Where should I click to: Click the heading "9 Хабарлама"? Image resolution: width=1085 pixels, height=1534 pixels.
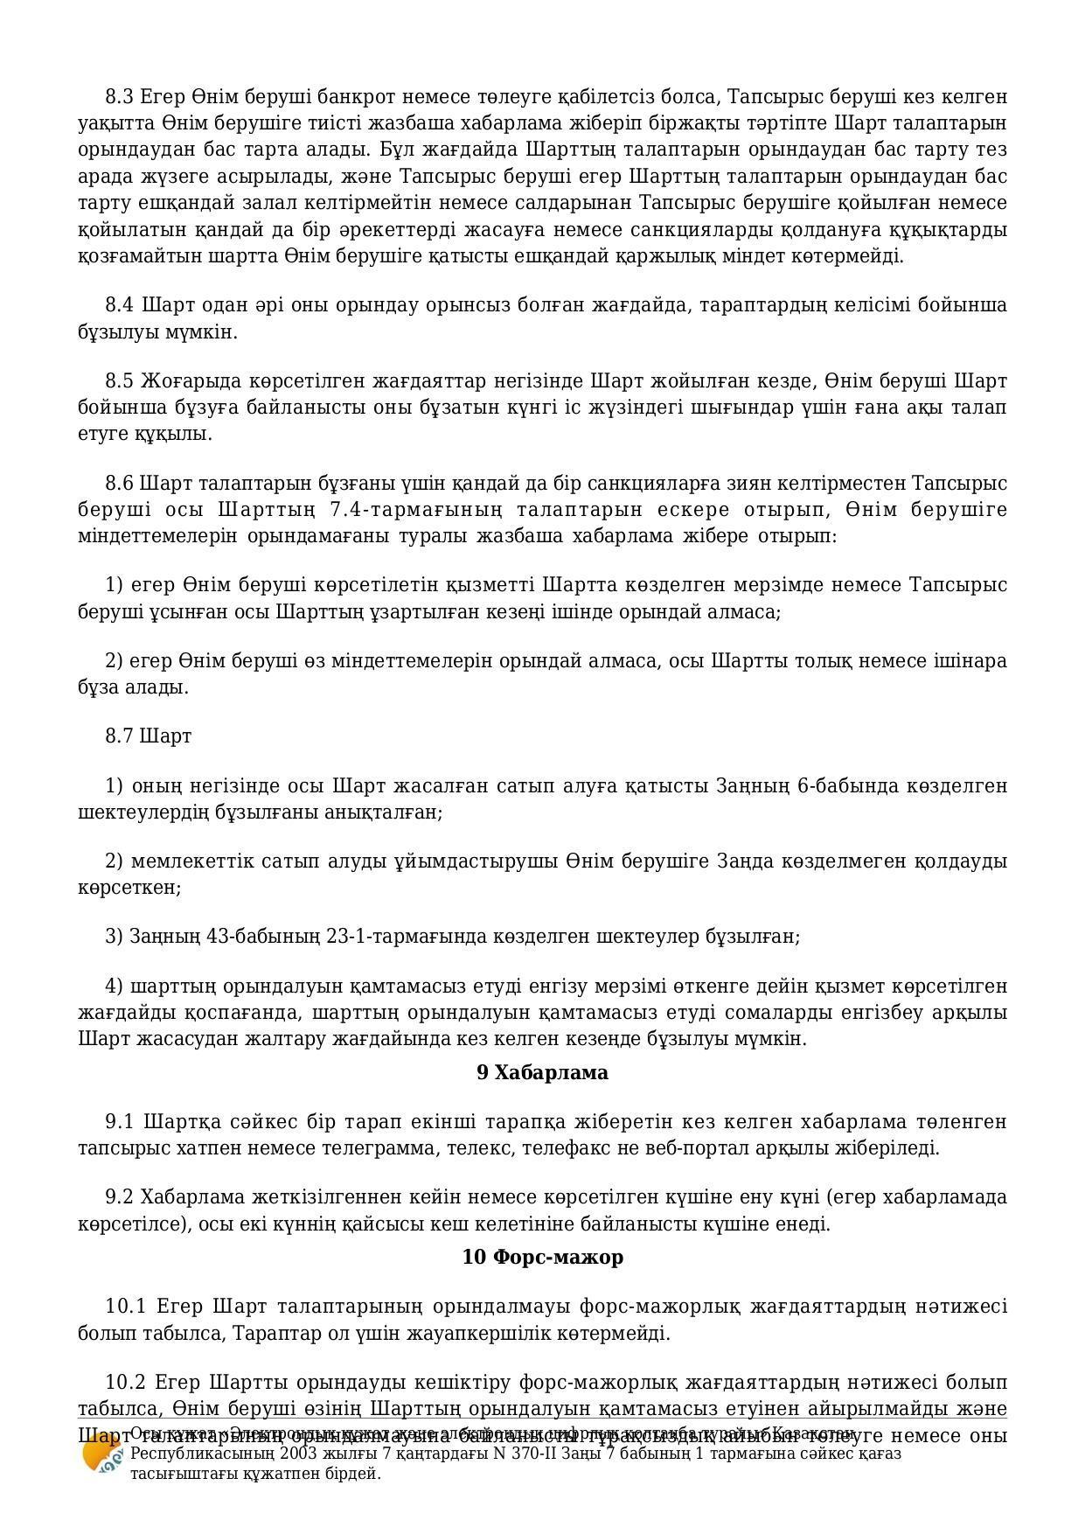coord(542,1072)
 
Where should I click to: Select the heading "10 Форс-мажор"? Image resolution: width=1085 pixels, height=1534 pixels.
coord(542,1257)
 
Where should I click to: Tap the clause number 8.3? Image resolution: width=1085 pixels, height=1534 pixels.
coord(120,96)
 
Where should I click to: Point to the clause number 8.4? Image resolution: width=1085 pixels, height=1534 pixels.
coord(120,304)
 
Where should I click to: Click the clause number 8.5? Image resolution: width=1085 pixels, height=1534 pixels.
coord(120,381)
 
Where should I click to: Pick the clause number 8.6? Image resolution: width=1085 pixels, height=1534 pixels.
coord(120,484)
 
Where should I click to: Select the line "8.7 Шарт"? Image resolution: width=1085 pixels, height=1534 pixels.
coord(148,736)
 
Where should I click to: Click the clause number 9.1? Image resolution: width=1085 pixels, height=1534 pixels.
coord(120,1121)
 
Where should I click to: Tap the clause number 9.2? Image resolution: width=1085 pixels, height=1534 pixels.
coord(120,1196)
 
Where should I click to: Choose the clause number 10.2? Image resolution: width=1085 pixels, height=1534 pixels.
coord(125,1383)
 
